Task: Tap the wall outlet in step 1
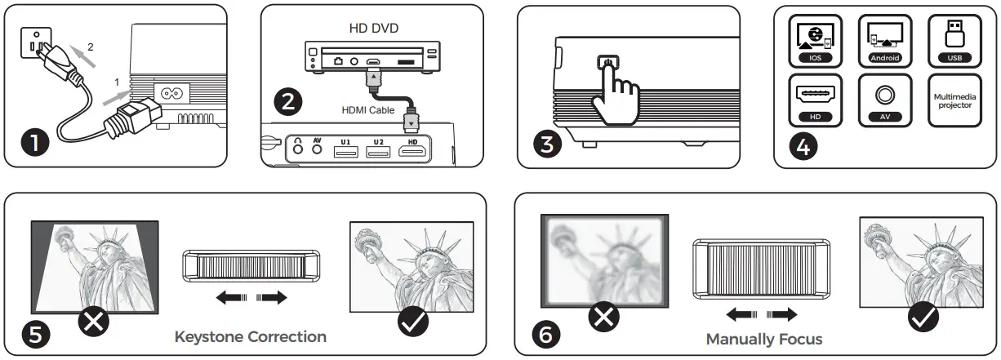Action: pos(33,46)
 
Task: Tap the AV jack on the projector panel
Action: pos(317,149)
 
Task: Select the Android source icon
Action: pos(884,40)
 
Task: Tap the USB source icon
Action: pos(951,40)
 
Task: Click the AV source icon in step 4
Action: pos(884,100)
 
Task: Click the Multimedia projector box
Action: pos(951,100)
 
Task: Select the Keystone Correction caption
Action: pos(251,336)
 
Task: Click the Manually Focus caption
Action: pos(763,339)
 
